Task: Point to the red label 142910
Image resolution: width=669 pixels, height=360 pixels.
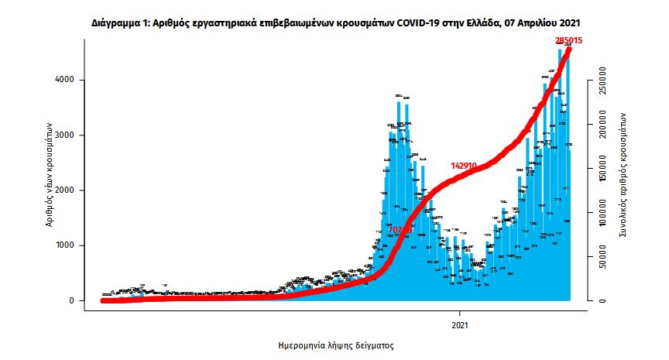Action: point(473,166)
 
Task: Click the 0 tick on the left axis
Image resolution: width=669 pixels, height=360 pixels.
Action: point(71,300)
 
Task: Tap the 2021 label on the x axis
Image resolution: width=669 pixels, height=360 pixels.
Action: point(461,325)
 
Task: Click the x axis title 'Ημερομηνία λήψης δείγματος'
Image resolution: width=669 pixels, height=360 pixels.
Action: point(335,345)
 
